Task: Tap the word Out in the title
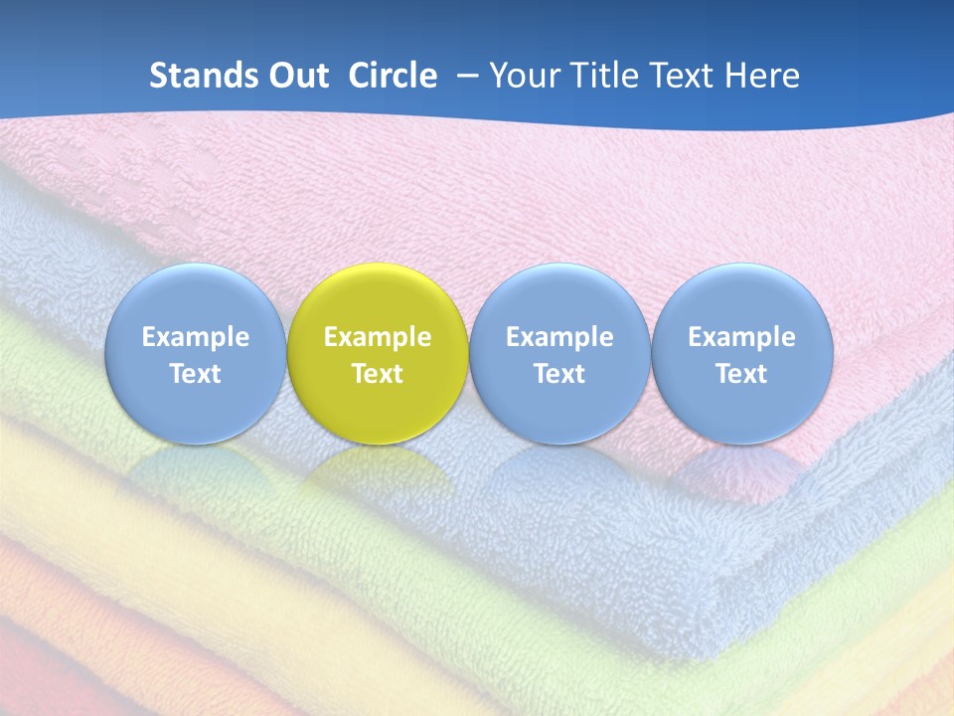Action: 295,76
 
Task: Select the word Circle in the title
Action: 393,76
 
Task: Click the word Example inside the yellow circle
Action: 378,337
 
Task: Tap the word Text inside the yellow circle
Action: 378,374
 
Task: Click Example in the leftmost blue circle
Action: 195,337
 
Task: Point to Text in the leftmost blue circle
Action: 195,374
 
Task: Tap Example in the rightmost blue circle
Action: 742,337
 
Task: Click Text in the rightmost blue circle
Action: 742,374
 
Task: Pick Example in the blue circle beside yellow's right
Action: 559,337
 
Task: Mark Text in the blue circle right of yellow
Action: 559,374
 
